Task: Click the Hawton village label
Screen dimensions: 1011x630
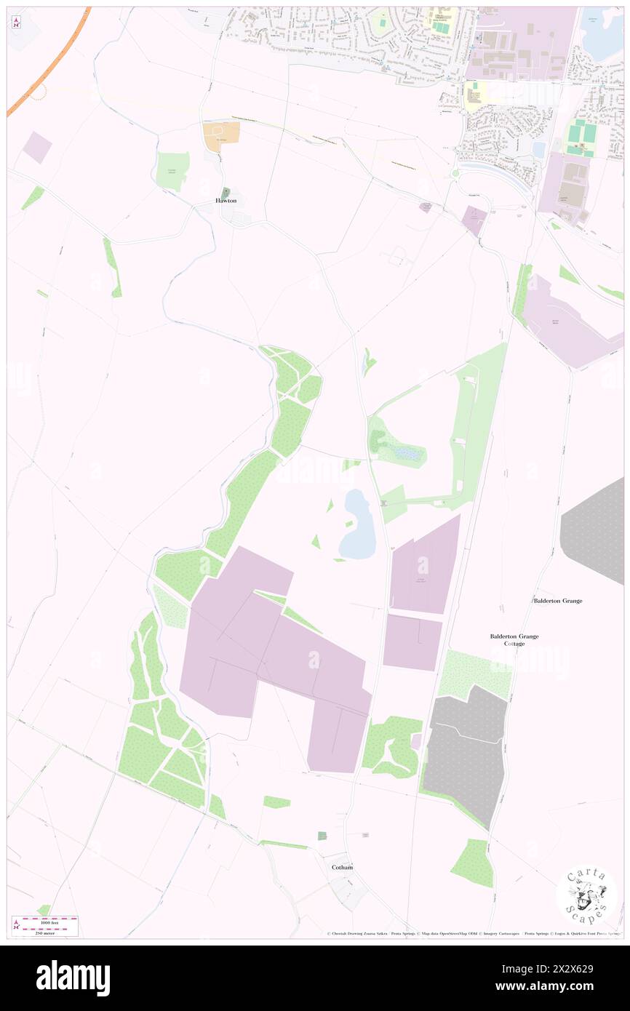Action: click(x=226, y=200)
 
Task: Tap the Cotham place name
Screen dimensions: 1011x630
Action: click(x=342, y=867)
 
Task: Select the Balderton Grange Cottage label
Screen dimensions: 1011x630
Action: click(x=514, y=639)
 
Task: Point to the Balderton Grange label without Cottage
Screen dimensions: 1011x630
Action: click(x=557, y=601)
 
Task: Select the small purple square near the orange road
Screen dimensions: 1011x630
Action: click(x=37, y=148)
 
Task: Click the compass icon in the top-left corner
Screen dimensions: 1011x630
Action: click(x=16, y=22)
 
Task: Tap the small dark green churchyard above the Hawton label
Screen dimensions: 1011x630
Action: click(x=226, y=191)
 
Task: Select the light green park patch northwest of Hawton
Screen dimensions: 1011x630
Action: click(x=173, y=171)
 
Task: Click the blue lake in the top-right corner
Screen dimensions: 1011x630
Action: click(x=602, y=40)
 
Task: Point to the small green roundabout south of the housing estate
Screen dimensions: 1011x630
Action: click(x=455, y=173)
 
